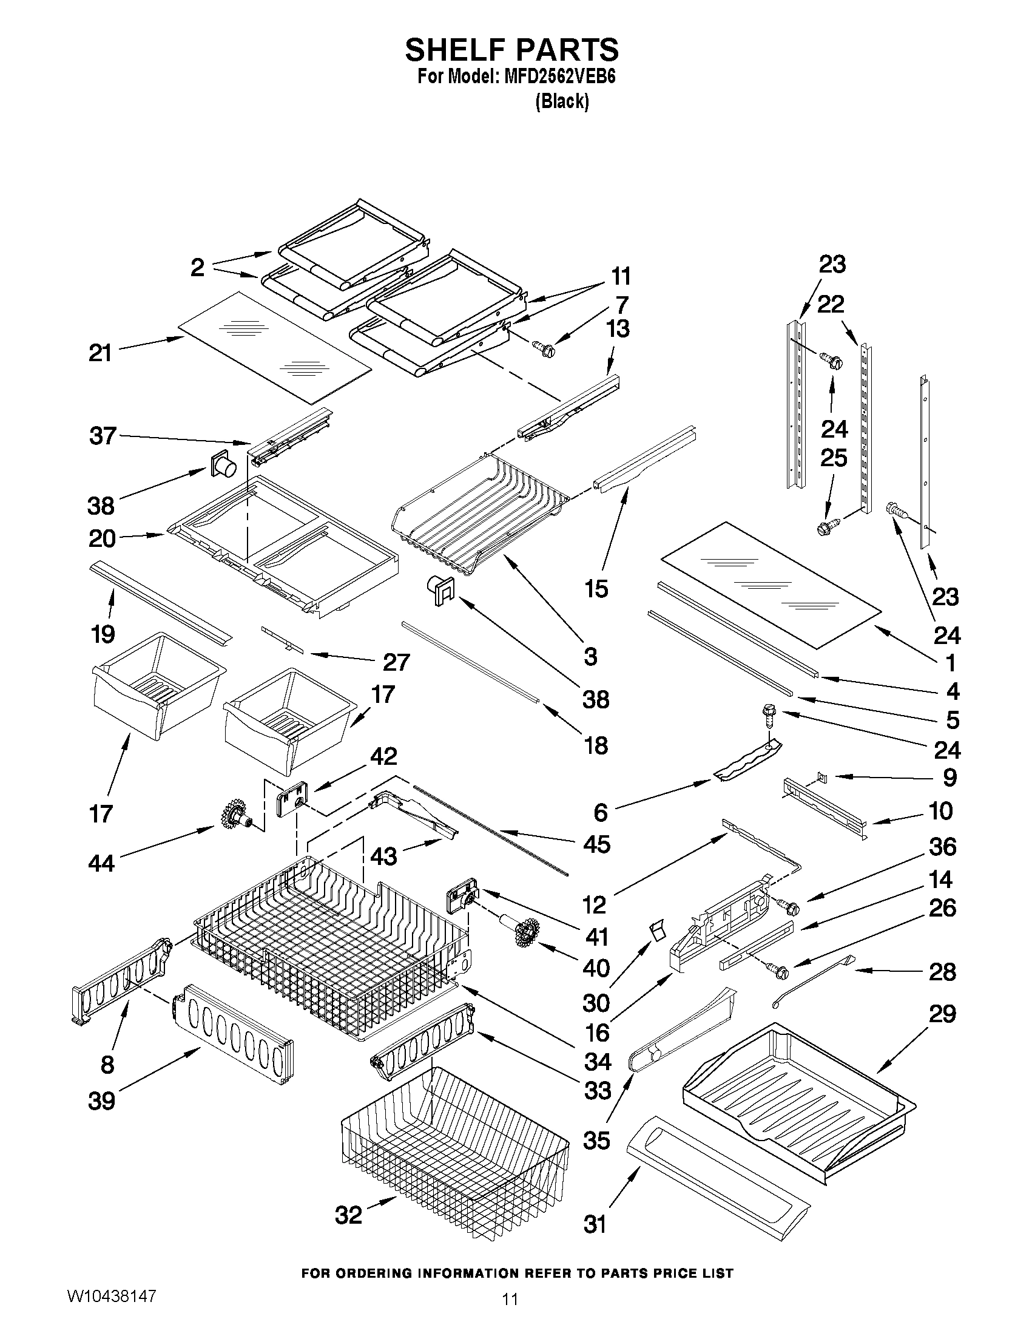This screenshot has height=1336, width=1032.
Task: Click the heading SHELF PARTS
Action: pyautogui.click(x=511, y=50)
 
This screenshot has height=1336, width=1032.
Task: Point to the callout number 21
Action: pyautogui.click(x=99, y=353)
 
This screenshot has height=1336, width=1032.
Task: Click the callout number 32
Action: pyautogui.click(x=348, y=1215)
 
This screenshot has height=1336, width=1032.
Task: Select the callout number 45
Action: pyautogui.click(x=596, y=844)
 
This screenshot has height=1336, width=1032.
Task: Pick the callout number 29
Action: pyautogui.click(x=942, y=1014)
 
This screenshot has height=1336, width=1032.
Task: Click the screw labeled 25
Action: pyautogui.click(x=825, y=527)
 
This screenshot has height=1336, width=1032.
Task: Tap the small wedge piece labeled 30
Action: pyautogui.click(x=656, y=931)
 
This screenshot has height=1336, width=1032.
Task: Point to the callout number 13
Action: pyautogui.click(x=618, y=328)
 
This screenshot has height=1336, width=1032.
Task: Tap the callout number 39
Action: pyautogui.click(x=101, y=1100)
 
